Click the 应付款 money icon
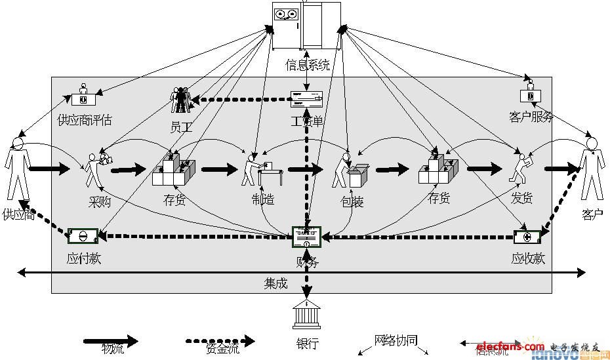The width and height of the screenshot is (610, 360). (83, 237)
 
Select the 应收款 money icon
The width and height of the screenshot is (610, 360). (527, 237)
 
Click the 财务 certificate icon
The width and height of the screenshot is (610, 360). (306, 237)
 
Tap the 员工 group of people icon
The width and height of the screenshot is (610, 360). (180, 100)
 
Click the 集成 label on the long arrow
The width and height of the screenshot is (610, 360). (276, 283)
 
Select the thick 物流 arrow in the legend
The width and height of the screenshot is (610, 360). (110, 340)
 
